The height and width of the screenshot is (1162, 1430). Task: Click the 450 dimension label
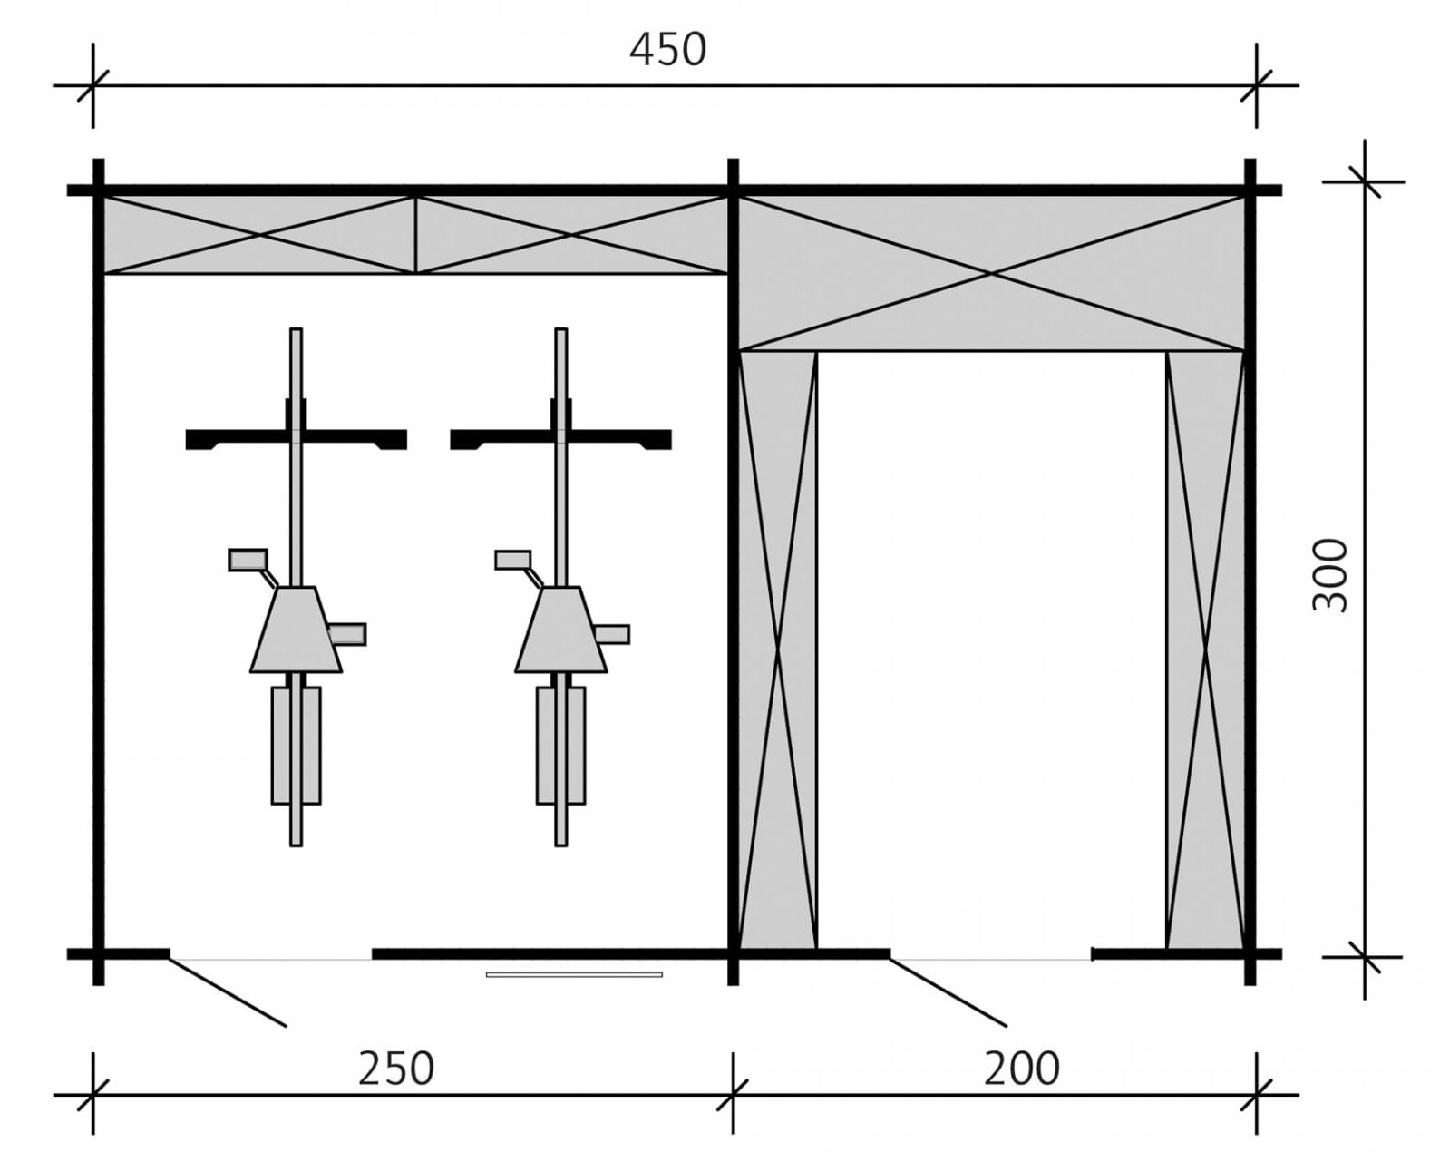[x=667, y=51]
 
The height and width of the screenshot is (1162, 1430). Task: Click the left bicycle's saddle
[x=297, y=630]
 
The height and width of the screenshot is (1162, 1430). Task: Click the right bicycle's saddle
[x=561, y=630]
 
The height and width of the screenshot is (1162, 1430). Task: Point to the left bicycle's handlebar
[x=297, y=439]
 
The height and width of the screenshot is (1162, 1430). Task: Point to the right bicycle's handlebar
[x=560, y=439]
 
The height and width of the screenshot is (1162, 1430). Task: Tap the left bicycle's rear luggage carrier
[x=297, y=745]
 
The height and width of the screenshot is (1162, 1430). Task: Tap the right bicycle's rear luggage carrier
[x=560, y=745]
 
